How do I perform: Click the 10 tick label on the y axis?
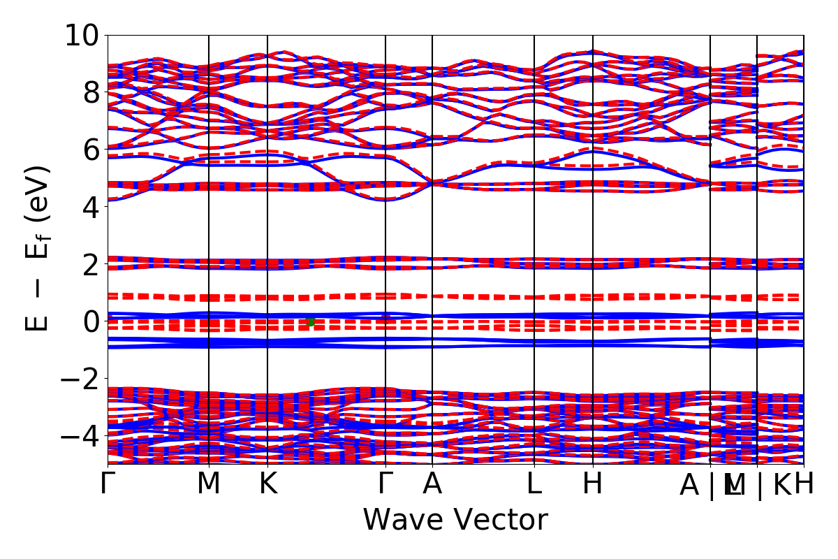pos(83,35)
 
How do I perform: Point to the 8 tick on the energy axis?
pos(91,92)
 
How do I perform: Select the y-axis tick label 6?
pos(91,150)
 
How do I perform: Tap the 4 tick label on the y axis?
pos(91,207)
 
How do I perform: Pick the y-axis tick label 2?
pos(91,264)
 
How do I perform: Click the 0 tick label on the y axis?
pos(91,321)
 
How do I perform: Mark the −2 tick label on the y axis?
pos(83,379)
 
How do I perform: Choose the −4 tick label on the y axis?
pos(83,436)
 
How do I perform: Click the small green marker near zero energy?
pos(311,321)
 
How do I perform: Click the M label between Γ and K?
pos(209,484)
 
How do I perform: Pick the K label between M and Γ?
pos(268,484)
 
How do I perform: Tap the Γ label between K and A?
pos(385,484)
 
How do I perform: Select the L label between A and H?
pos(534,484)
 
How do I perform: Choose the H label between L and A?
pos(593,484)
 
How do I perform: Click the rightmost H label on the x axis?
pos(804,484)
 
